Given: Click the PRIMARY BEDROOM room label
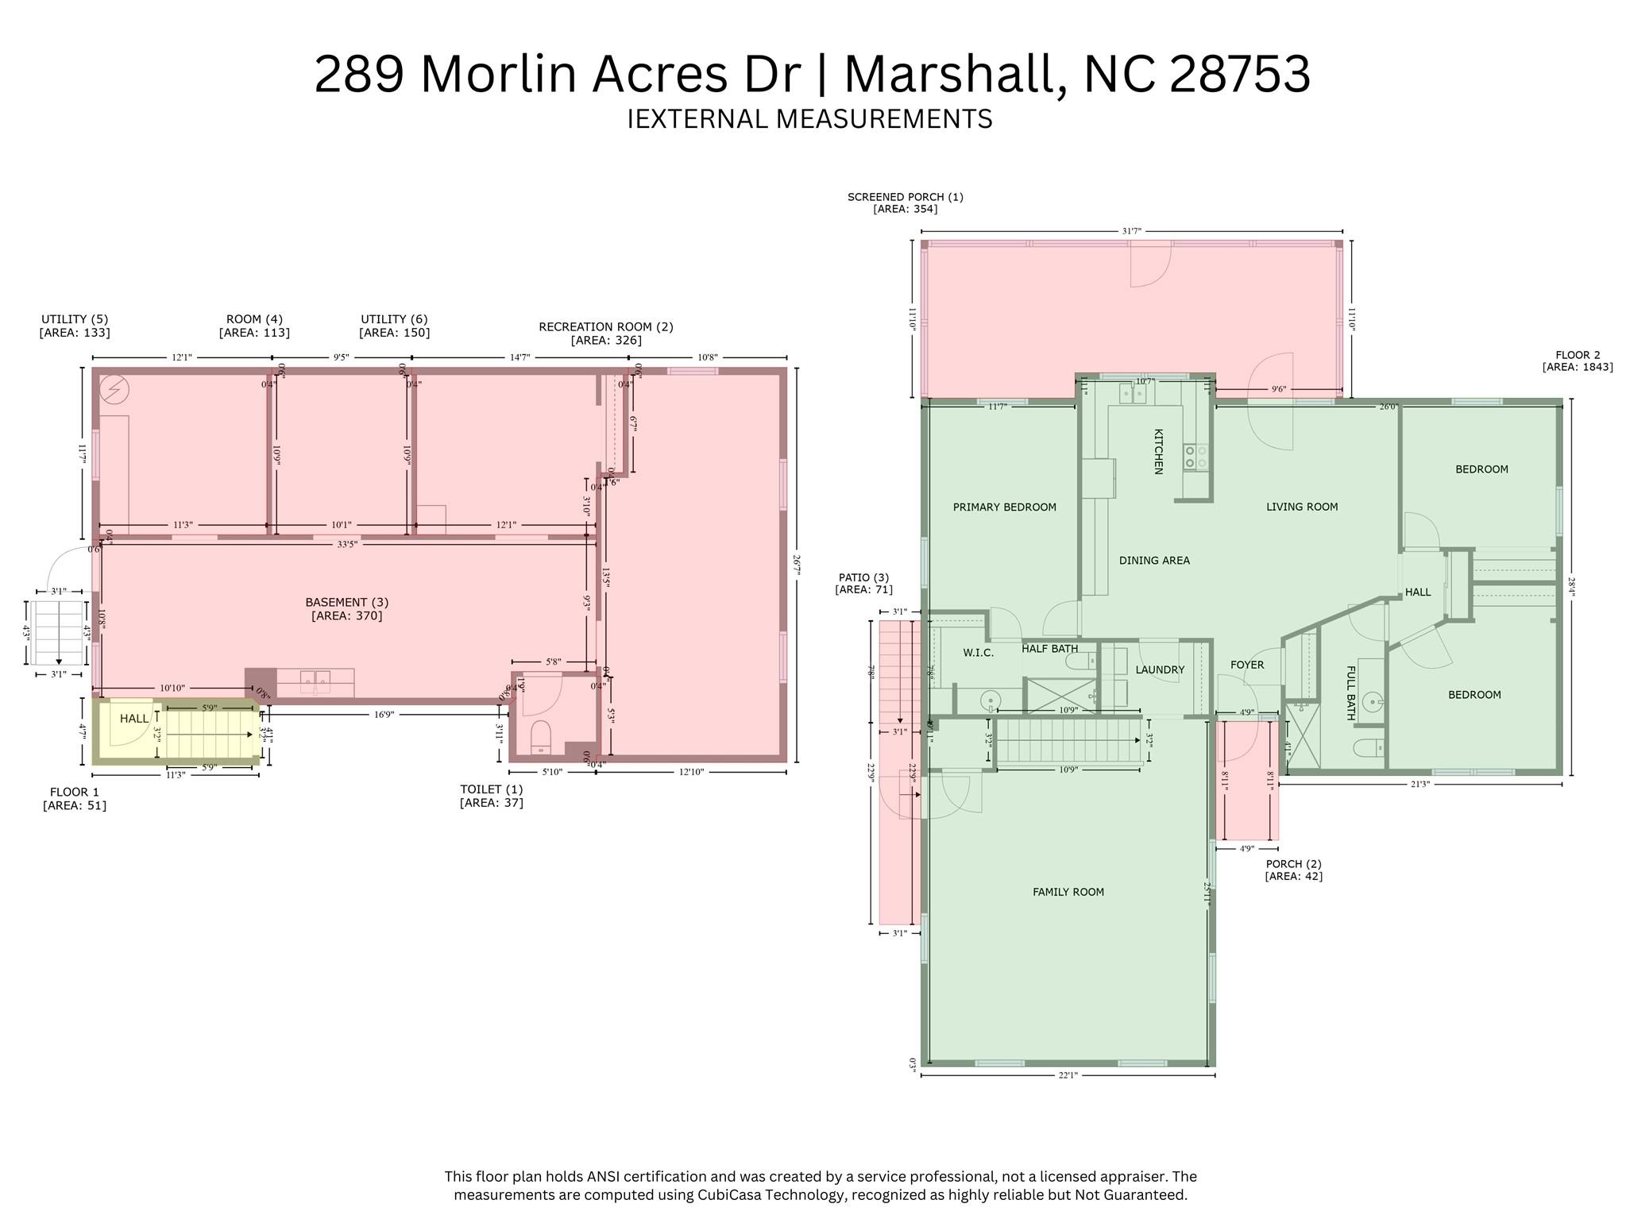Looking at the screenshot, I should click(x=1004, y=507).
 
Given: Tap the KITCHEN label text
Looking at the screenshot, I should click(x=1158, y=452).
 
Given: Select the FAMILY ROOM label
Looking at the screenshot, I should click(x=1068, y=892).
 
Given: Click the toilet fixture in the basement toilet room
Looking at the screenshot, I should click(x=540, y=736).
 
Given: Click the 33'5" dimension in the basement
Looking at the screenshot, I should click(x=346, y=545).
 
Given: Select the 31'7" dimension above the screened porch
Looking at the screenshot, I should click(x=1131, y=231).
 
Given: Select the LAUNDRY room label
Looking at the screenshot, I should click(x=1159, y=670).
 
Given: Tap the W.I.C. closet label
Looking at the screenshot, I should click(x=978, y=653).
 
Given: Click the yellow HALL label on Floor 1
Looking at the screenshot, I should click(x=133, y=719).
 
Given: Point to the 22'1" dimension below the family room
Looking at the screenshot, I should click(x=1068, y=1075).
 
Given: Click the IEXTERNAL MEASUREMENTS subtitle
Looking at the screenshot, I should click(x=809, y=119).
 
